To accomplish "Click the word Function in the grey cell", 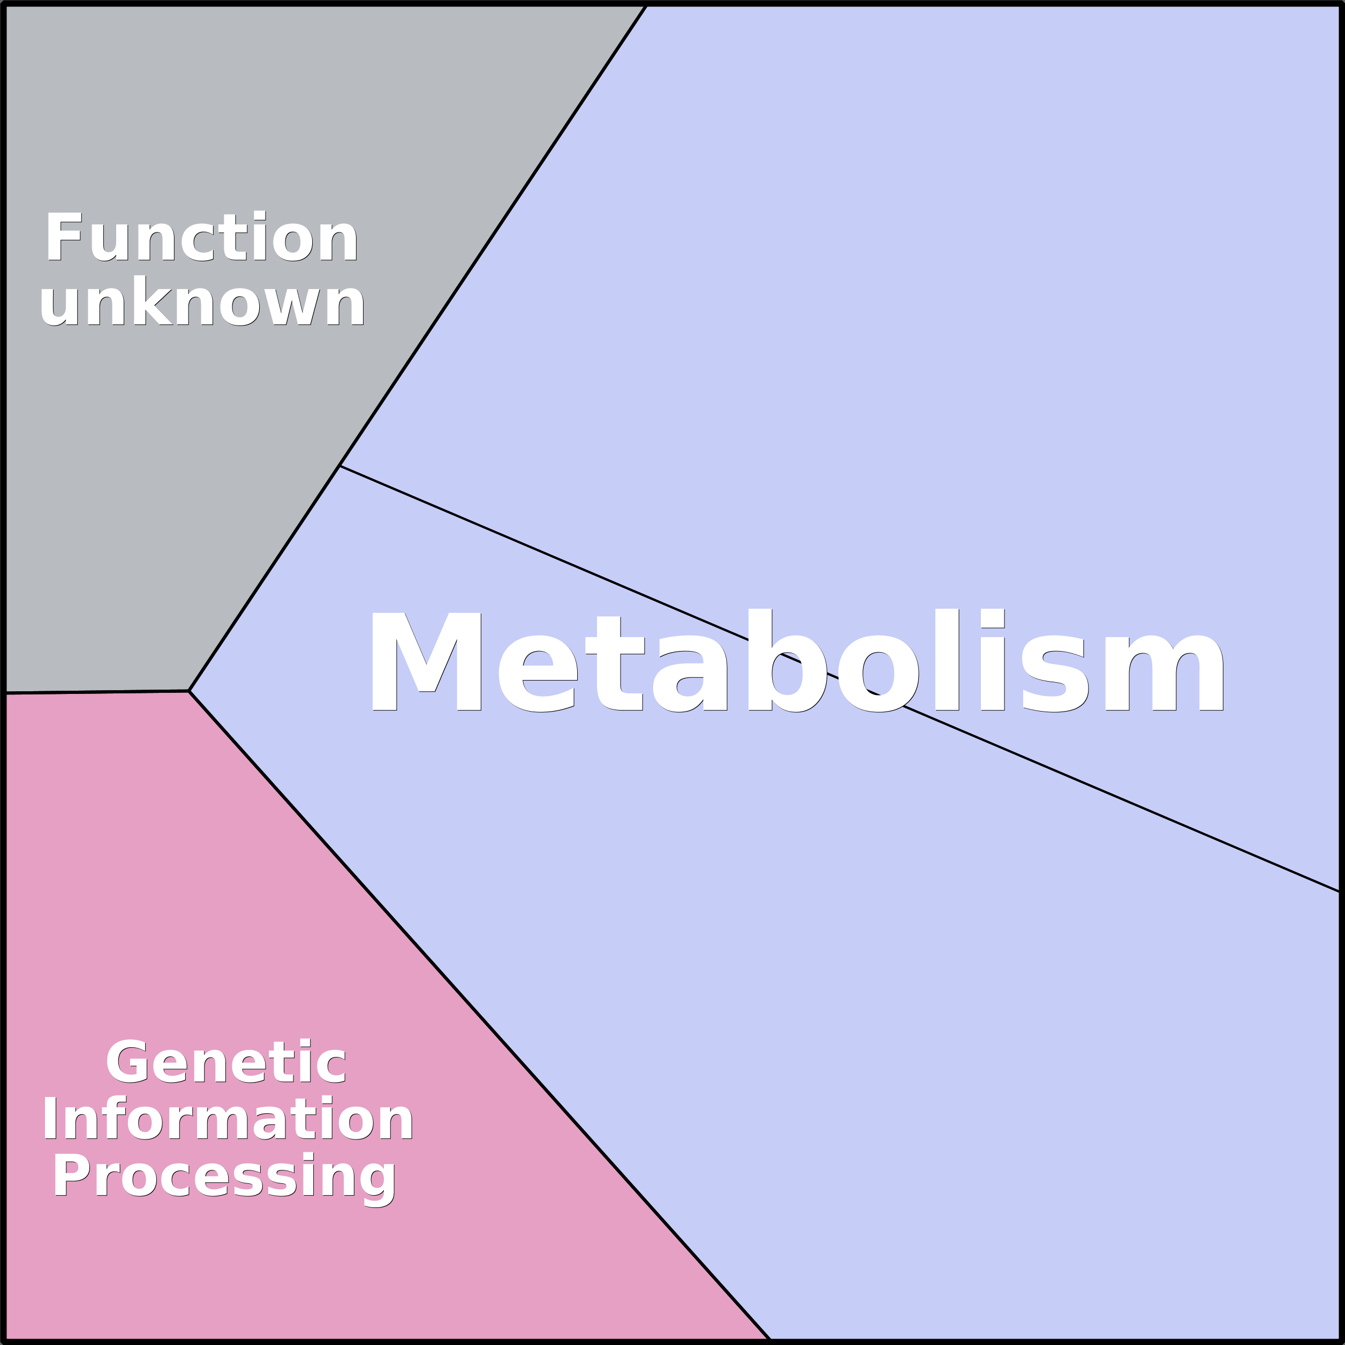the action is [x=202, y=236].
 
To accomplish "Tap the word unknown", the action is [x=202, y=301].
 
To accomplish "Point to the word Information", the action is [x=228, y=1119].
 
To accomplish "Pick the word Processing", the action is [x=224, y=1180].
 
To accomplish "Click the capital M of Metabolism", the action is [x=427, y=661].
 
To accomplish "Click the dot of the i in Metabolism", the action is [x=992, y=617].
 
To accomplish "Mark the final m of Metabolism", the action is [x=1163, y=672].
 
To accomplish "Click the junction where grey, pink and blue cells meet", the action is [x=188, y=691].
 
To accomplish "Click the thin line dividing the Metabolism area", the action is [x=839, y=679].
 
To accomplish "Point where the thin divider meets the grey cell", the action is [x=339, y=466].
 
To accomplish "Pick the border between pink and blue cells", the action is [x=480, y=1015].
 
